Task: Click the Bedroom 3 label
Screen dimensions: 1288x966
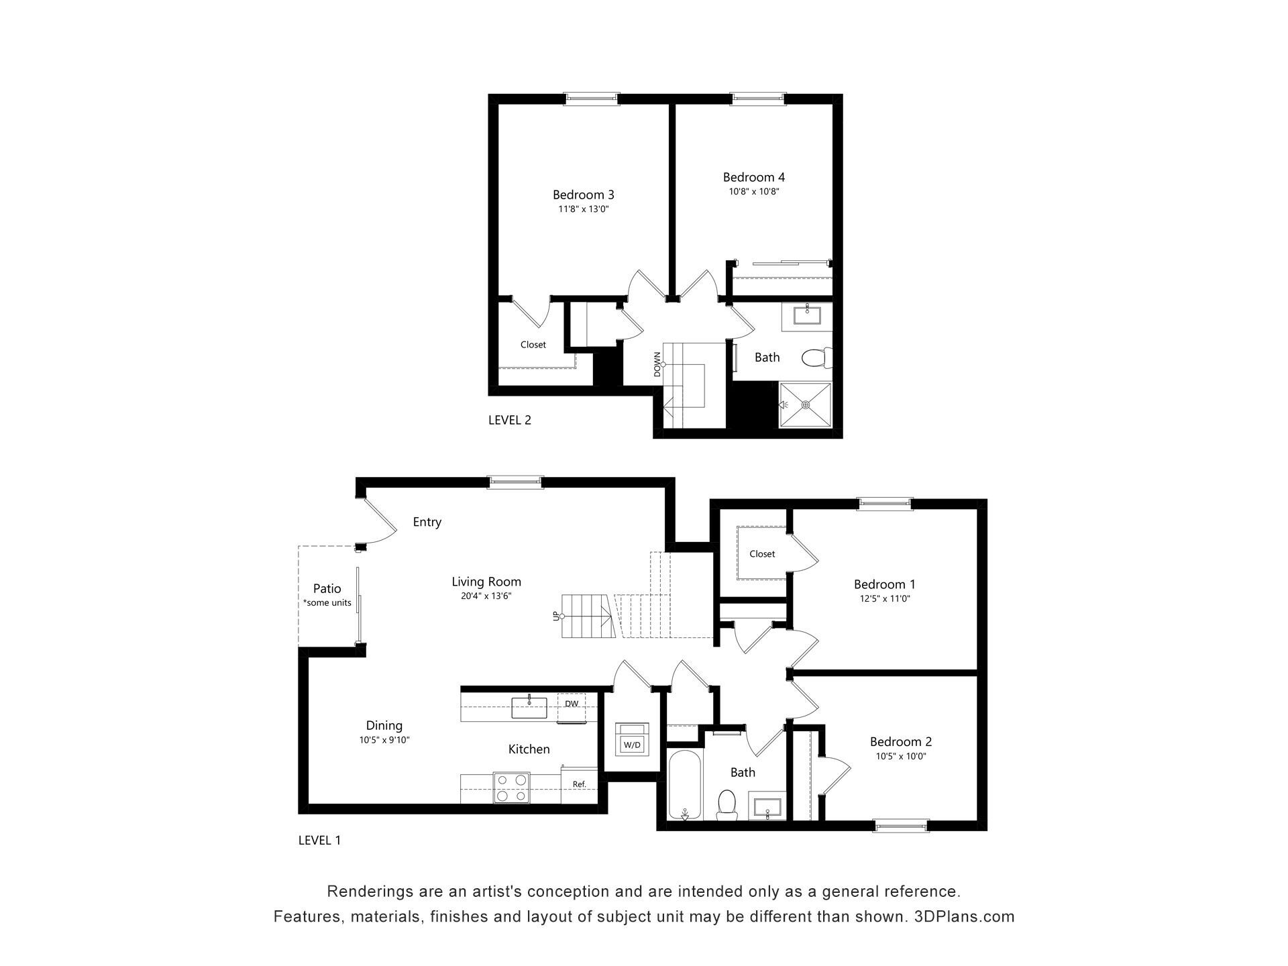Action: click(x=583, y=195)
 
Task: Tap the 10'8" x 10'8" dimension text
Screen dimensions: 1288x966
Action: click(x=753, y=192)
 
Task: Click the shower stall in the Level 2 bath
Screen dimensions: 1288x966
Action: click(x=805, y=405)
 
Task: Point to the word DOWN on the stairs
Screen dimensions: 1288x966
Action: click(x=657, y=364)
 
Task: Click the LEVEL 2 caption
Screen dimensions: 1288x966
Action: click(x=510, y=421)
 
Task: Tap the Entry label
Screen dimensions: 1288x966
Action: click(x=427, y=522)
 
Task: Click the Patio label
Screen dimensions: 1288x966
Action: click(x=327, y=589)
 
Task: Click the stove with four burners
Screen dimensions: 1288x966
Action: click(x=511, y=788)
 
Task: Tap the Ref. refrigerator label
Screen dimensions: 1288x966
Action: click(x=579, y=784)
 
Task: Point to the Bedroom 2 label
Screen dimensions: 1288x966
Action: click(x=901, y=741)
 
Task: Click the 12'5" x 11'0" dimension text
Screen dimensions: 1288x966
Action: click(x=885, y=599)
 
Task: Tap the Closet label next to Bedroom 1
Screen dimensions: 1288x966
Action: click(x=762, y=554)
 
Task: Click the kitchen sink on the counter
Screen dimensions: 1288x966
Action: click(x=529, y=707)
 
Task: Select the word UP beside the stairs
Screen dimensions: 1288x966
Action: click(x=555, y=616)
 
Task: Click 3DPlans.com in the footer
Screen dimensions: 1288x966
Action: click(x=965, y=916)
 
